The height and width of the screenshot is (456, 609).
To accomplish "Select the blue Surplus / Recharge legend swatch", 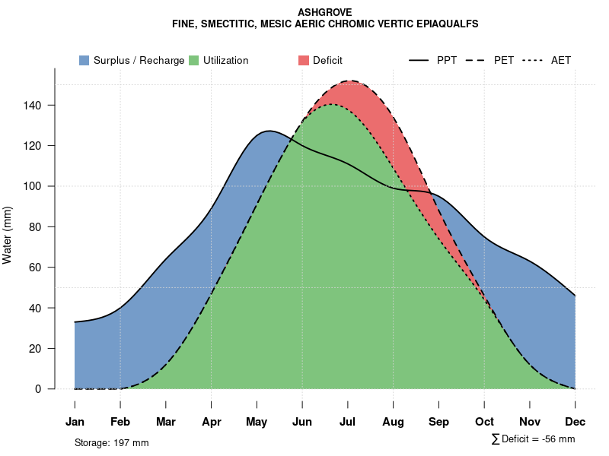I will [x=84, y=61].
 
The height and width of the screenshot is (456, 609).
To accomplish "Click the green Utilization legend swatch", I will [x=193, y=61].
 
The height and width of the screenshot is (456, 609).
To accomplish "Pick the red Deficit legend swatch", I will [x=304, y=61].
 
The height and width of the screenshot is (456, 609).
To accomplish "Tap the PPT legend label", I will [x=447, y=61].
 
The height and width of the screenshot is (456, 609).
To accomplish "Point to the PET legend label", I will [x=503, y=61].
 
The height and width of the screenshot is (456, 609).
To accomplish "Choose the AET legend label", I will [x=561, y=61].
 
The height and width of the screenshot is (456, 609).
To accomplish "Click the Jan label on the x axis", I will [x=75, y=422].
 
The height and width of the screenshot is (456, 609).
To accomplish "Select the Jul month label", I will [x=348, y=422].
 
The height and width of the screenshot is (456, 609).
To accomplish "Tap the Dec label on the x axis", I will [x=576, y=422].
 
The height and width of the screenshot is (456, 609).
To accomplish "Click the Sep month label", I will [x=438, y=422].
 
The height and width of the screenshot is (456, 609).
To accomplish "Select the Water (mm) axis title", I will [x=8, y=236].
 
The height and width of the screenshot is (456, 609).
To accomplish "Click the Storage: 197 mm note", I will [x=112, y=442].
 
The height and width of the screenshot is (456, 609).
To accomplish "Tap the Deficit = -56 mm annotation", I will [x=537, y=439].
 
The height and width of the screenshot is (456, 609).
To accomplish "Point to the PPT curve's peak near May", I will [x=268, y=131].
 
